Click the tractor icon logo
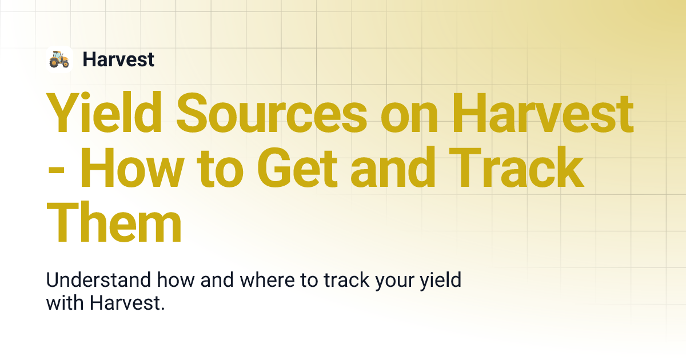tap(59, 59)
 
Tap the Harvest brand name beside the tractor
tap(118, 59)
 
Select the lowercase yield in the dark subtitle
tap(441, 281)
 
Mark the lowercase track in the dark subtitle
tap(346, 281)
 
